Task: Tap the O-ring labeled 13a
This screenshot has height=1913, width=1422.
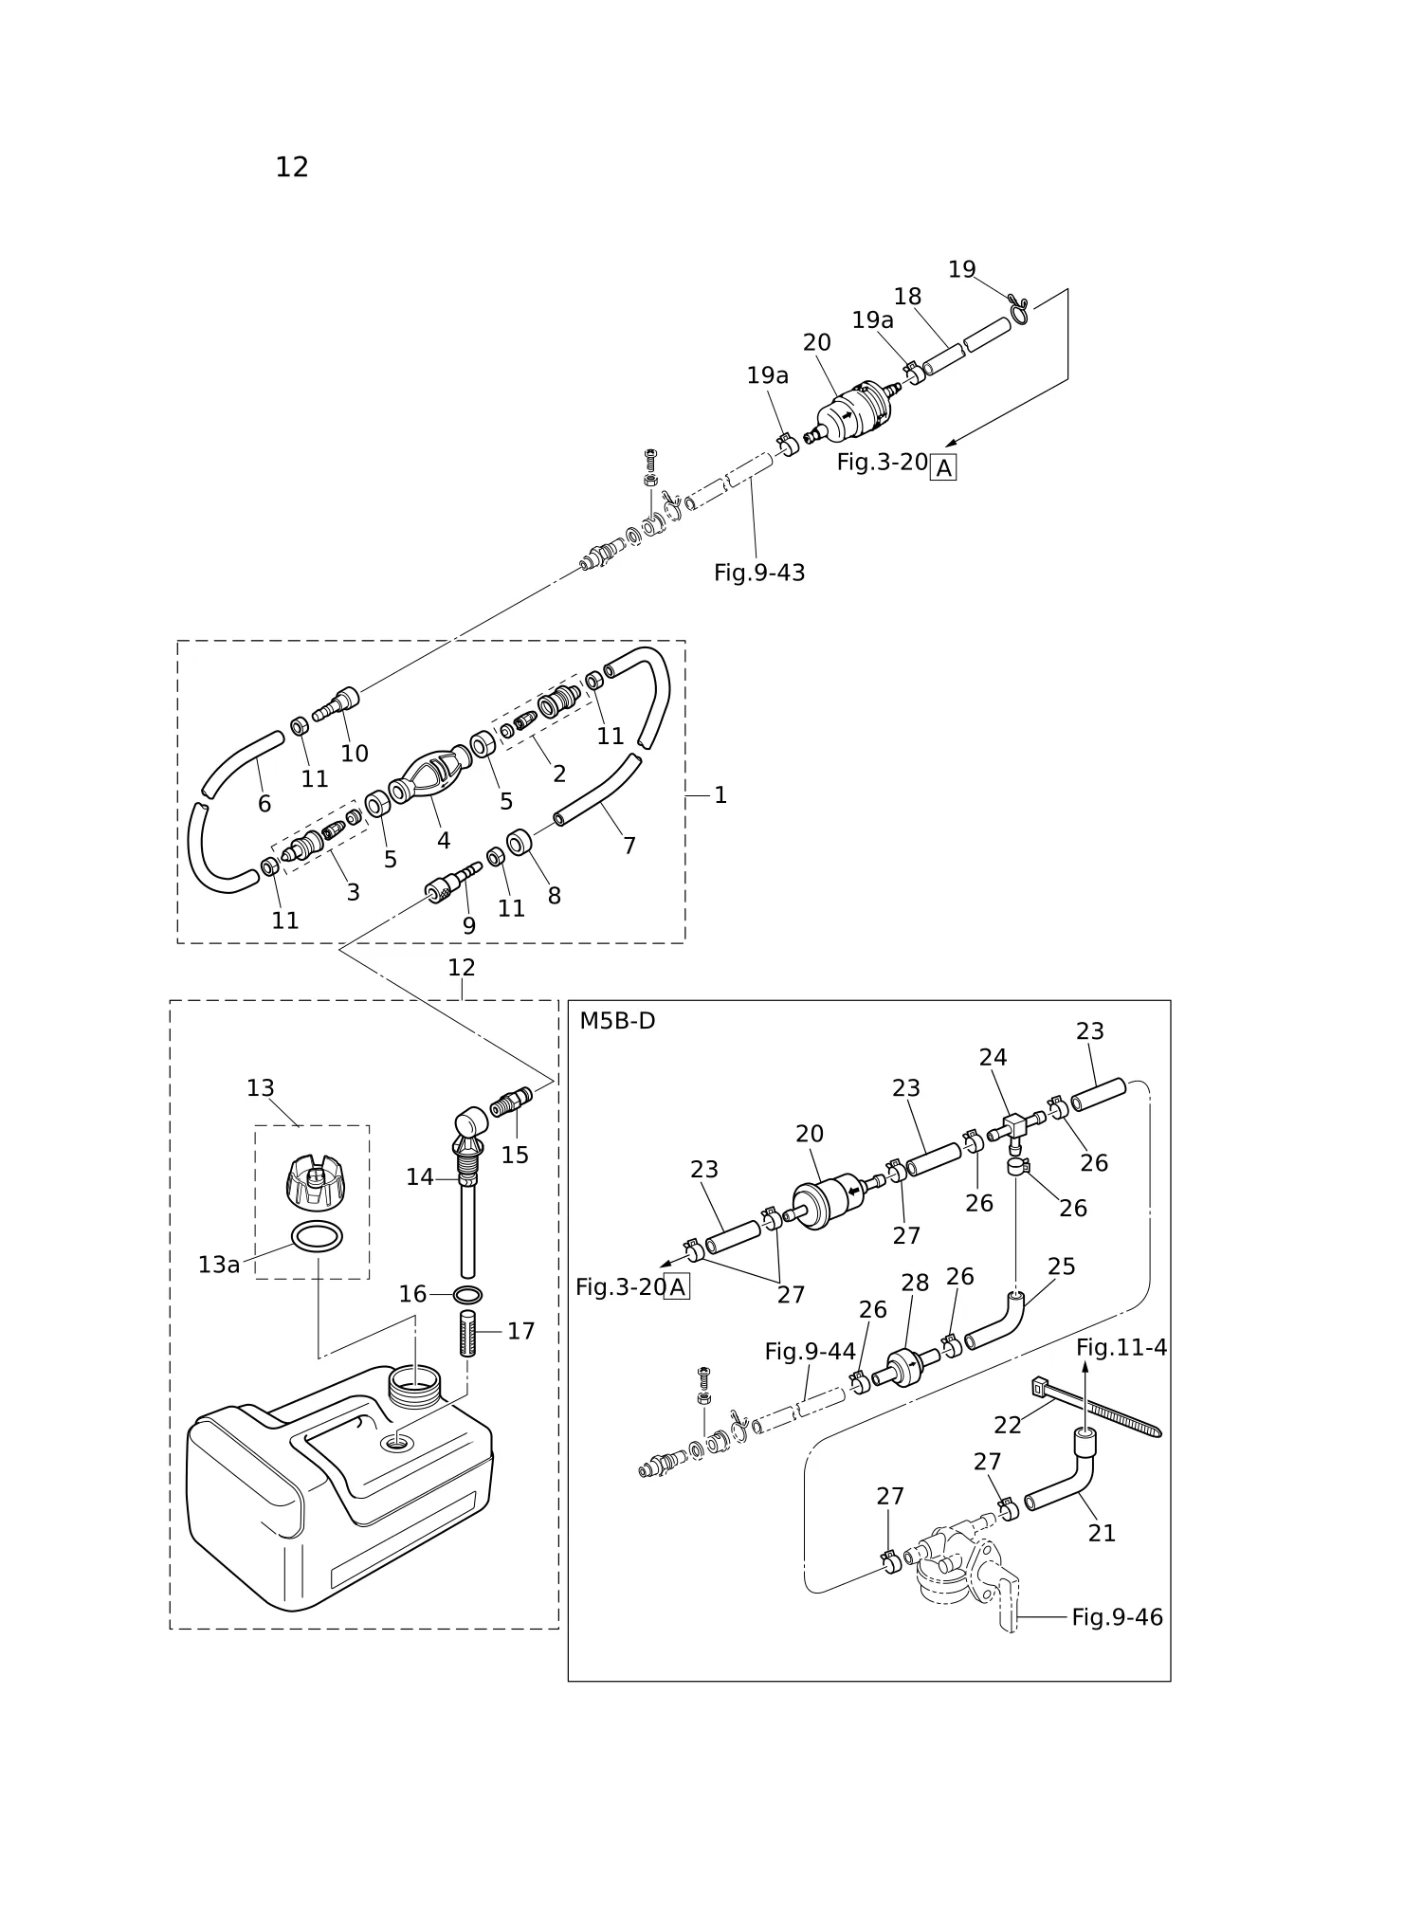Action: pos(317,1238)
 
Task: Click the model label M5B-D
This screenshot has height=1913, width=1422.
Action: pos(617,1021)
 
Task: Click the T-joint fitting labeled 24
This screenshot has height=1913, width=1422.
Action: pos(1016,1128)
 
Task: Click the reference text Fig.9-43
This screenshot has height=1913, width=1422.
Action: pos(759,573)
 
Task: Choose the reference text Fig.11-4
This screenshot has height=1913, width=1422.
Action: pos(1121,1347)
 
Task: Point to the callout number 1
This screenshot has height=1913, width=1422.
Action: pos(720,795)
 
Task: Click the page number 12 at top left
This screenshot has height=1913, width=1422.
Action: pos(292,167)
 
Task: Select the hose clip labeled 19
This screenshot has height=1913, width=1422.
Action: pos(1019,309)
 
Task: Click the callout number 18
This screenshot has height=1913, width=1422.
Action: pos(907,297)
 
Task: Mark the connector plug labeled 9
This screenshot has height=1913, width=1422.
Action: pos(454,882)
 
